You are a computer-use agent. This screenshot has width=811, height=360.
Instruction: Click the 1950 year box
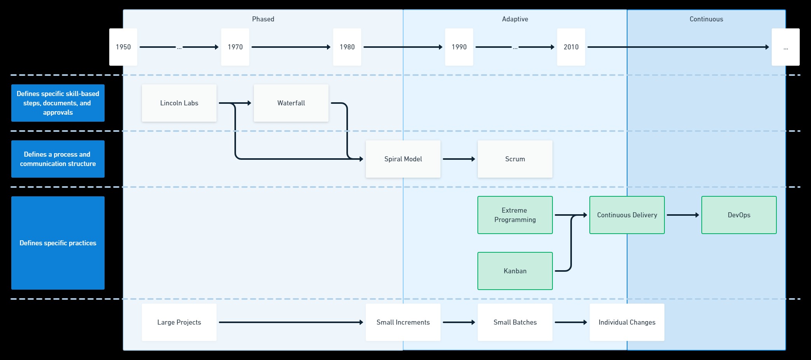tap(123, 47)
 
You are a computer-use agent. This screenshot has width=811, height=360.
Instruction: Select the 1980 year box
tap(347, 47)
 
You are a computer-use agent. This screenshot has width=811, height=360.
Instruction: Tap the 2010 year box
tap(571, 47)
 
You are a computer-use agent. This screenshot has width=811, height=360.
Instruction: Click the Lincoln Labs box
tap(179, 103)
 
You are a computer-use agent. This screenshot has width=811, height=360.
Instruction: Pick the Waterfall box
tap(291, 103)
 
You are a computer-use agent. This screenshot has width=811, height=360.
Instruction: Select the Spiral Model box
tap(403, 159)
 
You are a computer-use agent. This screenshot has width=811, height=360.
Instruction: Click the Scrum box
tap(515, 159)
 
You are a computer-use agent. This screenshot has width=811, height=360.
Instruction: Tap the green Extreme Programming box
tap(515, 215)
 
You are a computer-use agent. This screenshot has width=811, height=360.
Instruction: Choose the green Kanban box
tap(515, 271)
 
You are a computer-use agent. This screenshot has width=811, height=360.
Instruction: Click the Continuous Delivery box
tap(627, 215)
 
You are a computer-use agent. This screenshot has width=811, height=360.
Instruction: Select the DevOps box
tap(739, 215)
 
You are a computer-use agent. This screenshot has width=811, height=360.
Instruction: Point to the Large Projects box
tap(179, 322)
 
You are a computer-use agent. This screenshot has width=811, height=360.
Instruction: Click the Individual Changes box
tap(627, 322)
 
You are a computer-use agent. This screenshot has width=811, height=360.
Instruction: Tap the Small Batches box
tap(515, 322)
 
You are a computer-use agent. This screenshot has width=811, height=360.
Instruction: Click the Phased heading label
tap(263, 19)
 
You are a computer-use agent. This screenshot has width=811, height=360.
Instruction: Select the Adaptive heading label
tap(515, 19)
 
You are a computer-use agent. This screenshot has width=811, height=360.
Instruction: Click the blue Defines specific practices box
tap(58, 243)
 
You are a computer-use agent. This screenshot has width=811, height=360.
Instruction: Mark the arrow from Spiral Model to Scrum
tap(459, 159)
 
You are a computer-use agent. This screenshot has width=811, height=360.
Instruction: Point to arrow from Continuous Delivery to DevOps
tap(683, 215)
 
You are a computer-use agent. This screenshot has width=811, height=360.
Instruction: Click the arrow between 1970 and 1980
tap(291, 47)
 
